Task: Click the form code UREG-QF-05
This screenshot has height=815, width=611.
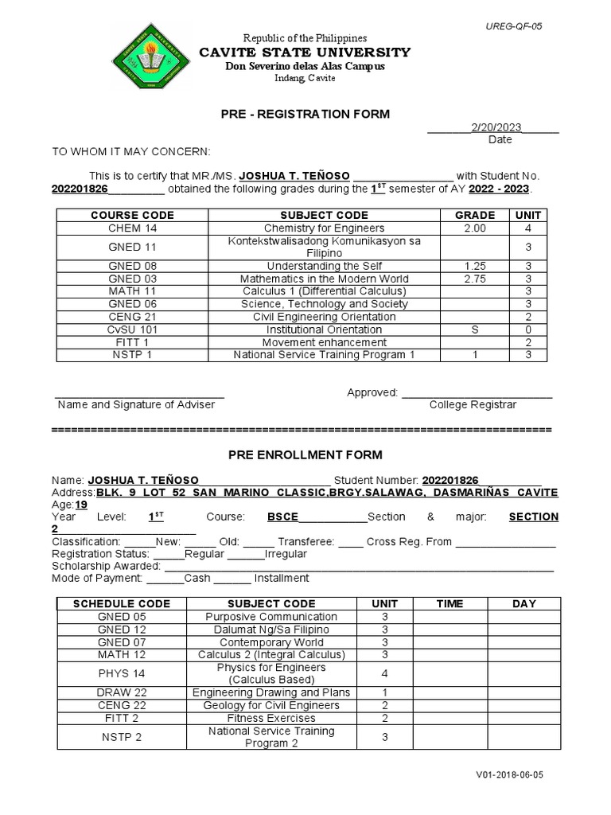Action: (x=514, y=26)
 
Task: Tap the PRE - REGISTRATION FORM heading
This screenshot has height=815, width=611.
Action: (x=305, y=114)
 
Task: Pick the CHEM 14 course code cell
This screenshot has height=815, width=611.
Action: (x=132, y=228)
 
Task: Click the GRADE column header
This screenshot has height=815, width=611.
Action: (x=474, y=215)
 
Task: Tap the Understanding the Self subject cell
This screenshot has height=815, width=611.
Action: (x=325, y=266)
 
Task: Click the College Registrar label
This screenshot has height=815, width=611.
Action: (x=473, y=404)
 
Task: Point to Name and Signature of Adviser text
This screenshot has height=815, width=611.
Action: (x=136, y=404)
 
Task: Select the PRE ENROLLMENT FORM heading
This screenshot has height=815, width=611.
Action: (x=305, y=455)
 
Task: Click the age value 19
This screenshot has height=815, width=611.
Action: (x=81, y=505)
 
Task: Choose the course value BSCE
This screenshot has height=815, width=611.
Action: (x=282, y=517)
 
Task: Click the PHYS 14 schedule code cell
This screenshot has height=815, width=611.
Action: (x=122, y=673)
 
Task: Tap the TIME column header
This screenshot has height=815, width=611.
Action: (x=449, y=603)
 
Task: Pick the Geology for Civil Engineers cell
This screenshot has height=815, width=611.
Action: (x=271, y=705)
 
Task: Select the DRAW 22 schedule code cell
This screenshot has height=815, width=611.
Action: (x=122, y=692)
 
